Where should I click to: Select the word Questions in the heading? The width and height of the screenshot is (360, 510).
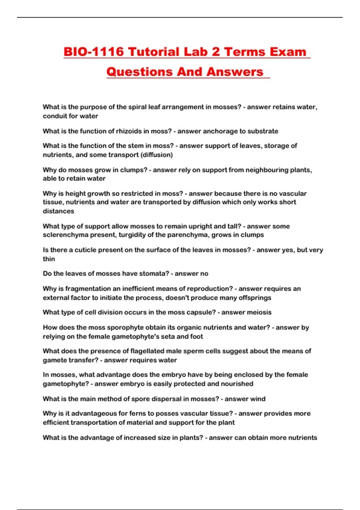point(139,72)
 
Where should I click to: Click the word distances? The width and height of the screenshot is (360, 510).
point(58,211)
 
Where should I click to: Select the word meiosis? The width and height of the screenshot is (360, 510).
point(259,312)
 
